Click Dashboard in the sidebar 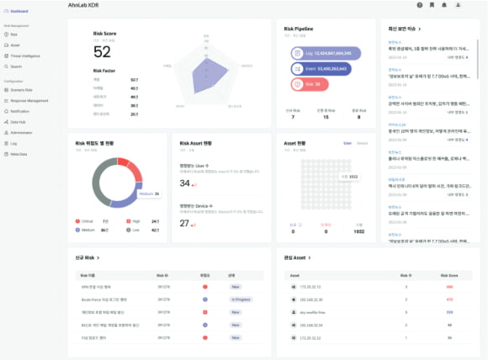[x=19, y=11]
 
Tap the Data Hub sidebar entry [x=19, y=121]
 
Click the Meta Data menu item [x=19, y=154]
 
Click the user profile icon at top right [x=458, y=5]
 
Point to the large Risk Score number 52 [x=102, y=52]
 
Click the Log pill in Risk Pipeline [x=325, y=53]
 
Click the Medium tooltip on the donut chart [x=147, y=194]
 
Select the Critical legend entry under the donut [x=84, y=221]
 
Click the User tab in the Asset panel [x=347, y=143]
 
